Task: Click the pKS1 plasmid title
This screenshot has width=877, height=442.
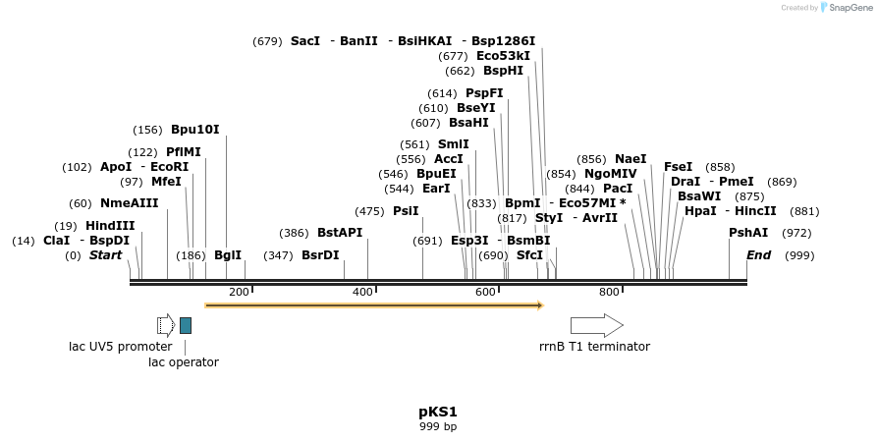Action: click(438, 412)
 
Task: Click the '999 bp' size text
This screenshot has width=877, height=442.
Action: click(438, 427)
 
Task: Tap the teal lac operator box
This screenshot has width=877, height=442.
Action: click(186, 325)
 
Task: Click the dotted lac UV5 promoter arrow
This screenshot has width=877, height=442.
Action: click(166, 325)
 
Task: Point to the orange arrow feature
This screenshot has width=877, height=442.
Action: click(373, 305)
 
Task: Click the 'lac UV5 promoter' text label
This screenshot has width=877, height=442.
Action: click(120, 347)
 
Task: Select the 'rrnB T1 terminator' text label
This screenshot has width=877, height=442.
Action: click(594, 347)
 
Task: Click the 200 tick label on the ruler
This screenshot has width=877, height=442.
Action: click(239, 292)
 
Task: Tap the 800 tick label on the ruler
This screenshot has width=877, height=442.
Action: click(608, 292)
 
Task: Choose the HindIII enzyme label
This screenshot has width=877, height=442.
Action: click(110, 226)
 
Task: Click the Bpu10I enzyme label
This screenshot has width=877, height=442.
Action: click(195, 130)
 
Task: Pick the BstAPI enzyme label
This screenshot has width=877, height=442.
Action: click(340, 233)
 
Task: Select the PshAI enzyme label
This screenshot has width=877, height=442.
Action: click(748, 233)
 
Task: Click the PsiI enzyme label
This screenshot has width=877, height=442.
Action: click(406, 211)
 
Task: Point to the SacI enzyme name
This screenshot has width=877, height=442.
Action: click(305, 41)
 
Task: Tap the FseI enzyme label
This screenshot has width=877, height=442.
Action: click(678, 167)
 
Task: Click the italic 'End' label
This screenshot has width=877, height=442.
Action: click(758, 255)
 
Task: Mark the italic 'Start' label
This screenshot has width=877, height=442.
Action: click(106, 255)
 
